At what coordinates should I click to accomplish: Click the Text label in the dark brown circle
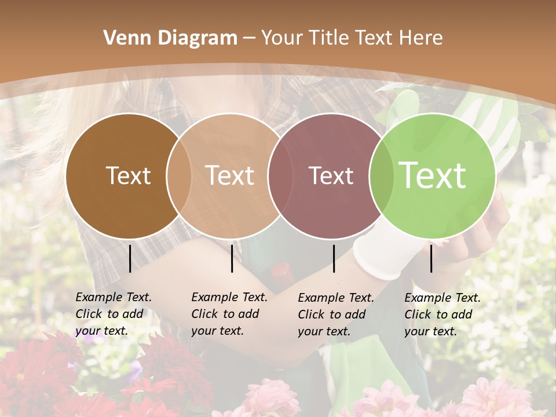pos(128,175)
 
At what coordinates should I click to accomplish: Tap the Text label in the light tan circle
pos(230,175)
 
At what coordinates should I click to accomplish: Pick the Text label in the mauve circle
pos(331,175)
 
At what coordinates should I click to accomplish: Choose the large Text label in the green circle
pos(432,175)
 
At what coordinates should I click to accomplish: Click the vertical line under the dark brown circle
pos(130,258)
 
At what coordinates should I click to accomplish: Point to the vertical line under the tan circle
pos(232,258)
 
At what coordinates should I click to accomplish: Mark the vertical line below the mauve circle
pos(334,258)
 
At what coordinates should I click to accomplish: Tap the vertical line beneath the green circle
pos(431,258)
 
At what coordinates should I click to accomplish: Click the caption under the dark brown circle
pos(114,314)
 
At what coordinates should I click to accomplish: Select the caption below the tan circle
pos(229,314)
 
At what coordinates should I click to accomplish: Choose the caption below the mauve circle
pos(336,314)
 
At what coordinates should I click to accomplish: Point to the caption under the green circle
pos(442,314)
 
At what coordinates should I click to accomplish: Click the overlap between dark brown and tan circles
pos(179,175)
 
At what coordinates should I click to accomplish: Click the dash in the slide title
pos(249,39)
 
